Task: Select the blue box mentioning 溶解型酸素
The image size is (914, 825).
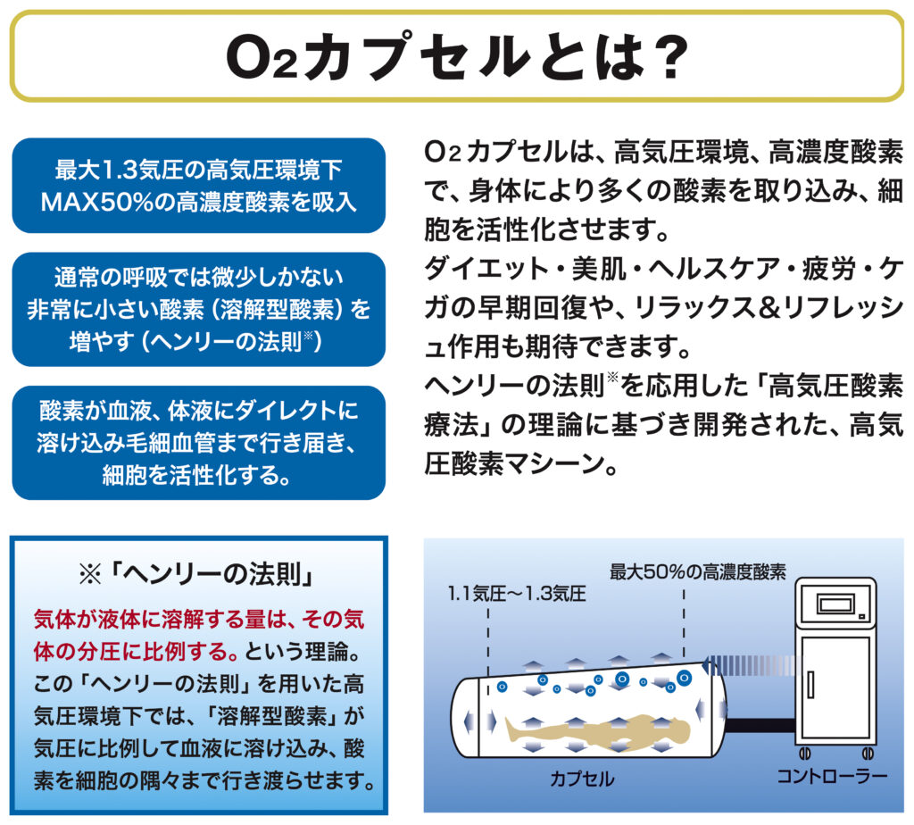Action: pyautogui.click(x=198, y=309)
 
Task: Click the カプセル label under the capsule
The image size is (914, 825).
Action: pyautogui.click(x=581, y=778)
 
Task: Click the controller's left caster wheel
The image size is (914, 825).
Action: pyautogui.click(x=807, y=753)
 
